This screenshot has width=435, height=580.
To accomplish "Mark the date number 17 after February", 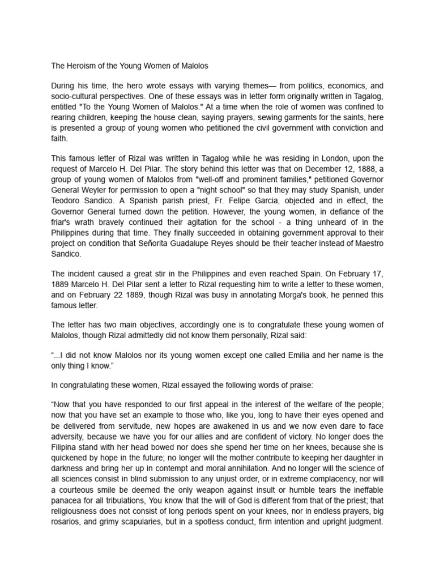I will pyautogui.click(x=377, y=275).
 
